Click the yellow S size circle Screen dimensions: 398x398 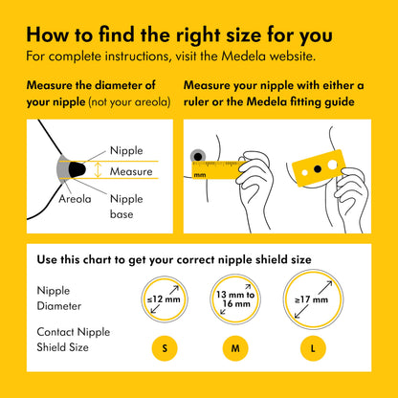pyautogui.click(x=165, y=348)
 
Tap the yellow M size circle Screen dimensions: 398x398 pyautogui.click(x=235, y=348)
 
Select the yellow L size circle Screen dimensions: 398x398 pyautogui.click(x=313, y=348)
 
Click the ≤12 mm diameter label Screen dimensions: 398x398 pyautogui.click(x=164, y=299)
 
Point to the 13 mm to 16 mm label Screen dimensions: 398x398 pyautogui.click(x=235, y=299)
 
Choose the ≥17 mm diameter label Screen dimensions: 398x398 pyautogui.click(x=312, y=299)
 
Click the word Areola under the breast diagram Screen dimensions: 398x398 pyautogui.click(x=75, y=199)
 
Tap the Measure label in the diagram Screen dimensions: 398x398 pyautogui.click(x=131, y=171)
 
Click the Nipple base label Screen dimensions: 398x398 pyautogui.click(x=126, y=207)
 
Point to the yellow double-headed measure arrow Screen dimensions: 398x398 pyautogui.click(x=98, y=170)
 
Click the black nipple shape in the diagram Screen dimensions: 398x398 pyautogui.click(x=77, y=169)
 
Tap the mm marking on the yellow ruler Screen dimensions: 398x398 pyautogui.click(x=200, y=175)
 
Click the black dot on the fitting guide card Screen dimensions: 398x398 pyautogui.click(x=318, y=168)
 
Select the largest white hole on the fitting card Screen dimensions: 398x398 pyautogui.click(x=332, y=165)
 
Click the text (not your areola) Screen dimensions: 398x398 pyautogui.click(x=129, y=102)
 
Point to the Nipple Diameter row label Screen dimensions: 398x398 pyautogui.click(x=59, y=298)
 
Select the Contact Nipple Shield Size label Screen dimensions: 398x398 pyautogui.click(x=74, y=340)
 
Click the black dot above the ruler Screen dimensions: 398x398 pyautogui.click(x=198, y=157)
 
